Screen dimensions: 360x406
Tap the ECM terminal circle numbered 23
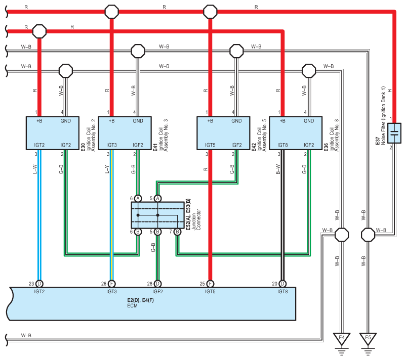point(39,284)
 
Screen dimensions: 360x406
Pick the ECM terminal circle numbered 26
point(111,284)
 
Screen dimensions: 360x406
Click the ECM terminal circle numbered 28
point(157,284)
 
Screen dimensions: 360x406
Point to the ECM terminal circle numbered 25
point(210,284)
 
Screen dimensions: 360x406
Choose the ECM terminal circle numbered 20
point(282,284)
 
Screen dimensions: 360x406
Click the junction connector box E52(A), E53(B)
point(157,215)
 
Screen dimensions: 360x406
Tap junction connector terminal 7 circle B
point(177,232)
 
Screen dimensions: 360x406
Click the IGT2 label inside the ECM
point(39,292)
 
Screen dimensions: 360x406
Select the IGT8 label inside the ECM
point(282,292)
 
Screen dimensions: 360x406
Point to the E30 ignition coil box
point(52,133)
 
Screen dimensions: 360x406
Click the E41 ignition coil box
point(125,133)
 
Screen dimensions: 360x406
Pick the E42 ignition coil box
point(223,133)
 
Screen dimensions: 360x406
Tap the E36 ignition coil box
point(296,133)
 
